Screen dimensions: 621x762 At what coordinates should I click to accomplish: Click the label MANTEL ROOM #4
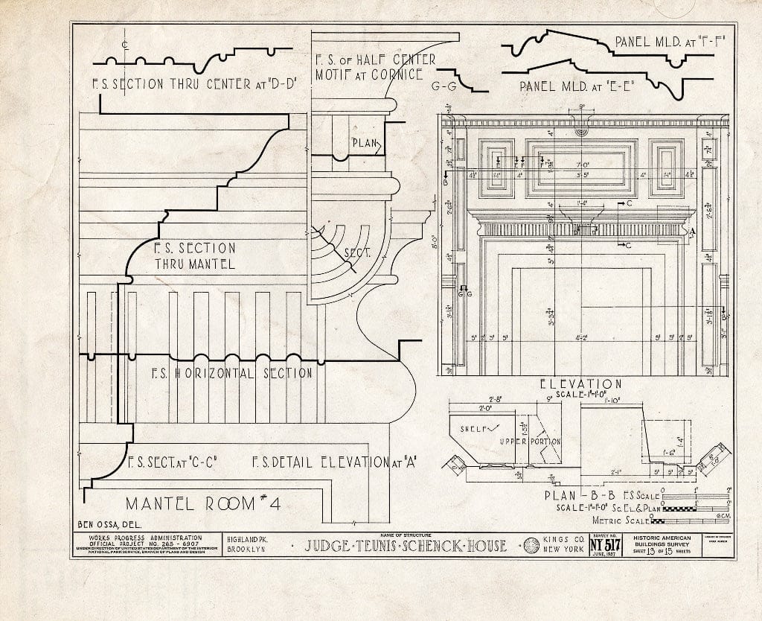202,503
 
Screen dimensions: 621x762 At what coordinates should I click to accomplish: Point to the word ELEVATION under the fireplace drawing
580,384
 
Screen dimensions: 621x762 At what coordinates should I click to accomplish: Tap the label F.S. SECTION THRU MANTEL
194,255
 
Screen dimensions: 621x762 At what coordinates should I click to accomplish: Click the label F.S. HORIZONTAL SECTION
231,372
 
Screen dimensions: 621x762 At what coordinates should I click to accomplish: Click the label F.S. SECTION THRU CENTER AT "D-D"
195,84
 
